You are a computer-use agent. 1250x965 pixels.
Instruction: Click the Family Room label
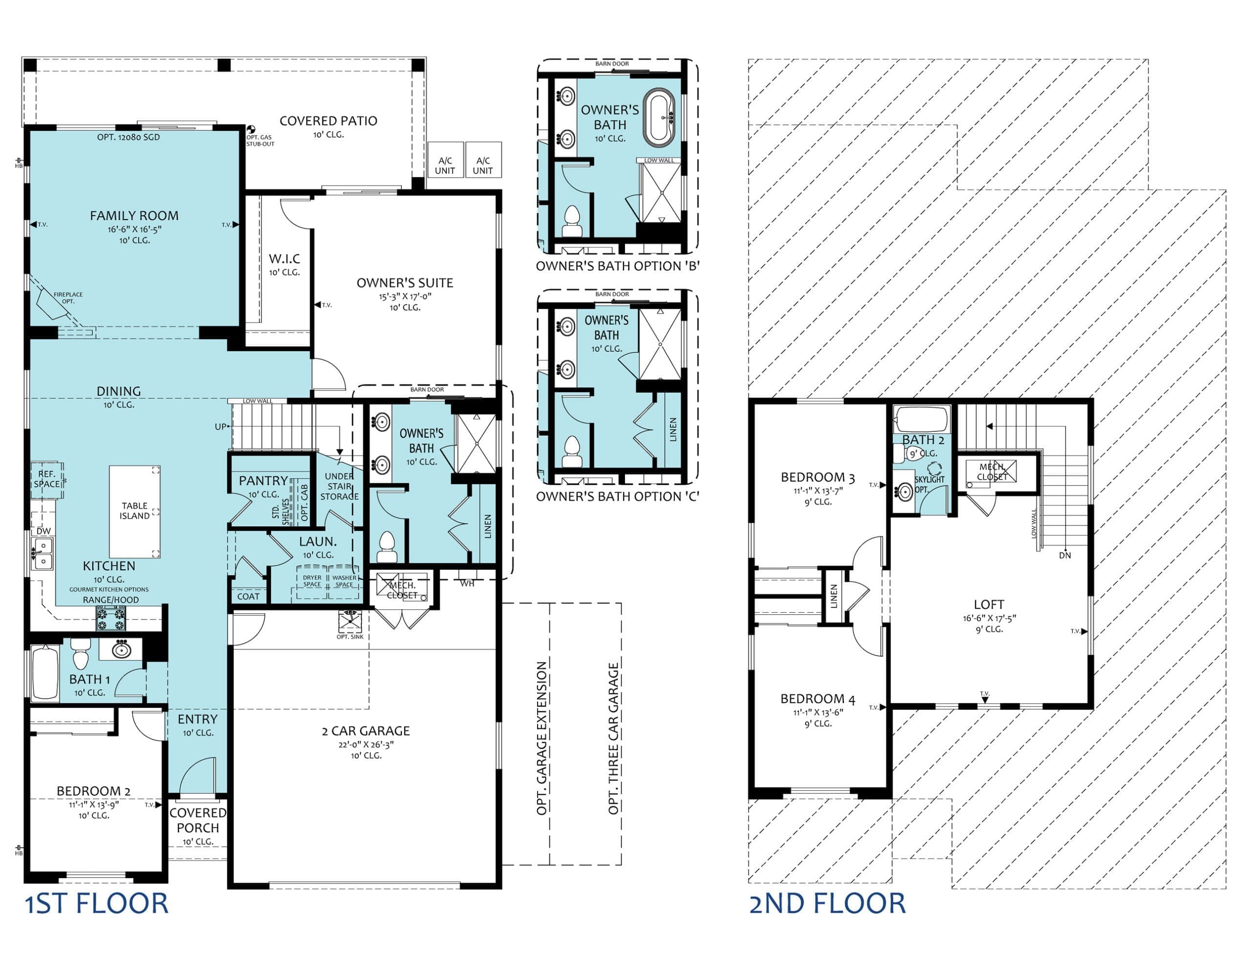pyautogui.click(x=134, y=216)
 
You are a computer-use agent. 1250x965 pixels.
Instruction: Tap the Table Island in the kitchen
pyautogui.click(x=134, y=511)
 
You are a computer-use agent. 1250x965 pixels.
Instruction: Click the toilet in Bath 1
pyautogui.click(x=80, y=654)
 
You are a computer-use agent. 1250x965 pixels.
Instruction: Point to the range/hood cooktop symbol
pyautogui.click(x=110, y=618)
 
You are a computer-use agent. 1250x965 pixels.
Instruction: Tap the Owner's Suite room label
pyautogui.click(x=405, y=282)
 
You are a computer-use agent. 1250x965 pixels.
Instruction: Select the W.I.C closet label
pyautogui.click(x=285, y=259)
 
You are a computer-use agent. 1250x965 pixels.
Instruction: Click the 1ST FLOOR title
pyautogui.click(x=96, y=904)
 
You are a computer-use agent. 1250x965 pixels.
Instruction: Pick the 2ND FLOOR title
pyautogui.click(x=828, y=904)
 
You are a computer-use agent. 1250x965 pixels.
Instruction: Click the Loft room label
pyautogui.click(x=989, y=604)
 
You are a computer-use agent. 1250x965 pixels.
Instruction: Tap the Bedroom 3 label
pyautogui.click(x=818, y=477)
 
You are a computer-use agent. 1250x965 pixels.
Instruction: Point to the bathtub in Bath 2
pyautogui.click(x=921, y=419)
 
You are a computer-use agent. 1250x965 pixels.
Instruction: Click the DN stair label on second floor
pyautogui.click(x=1064, y=555)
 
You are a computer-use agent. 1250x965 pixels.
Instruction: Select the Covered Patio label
pyautogui.click(x=328, y=121)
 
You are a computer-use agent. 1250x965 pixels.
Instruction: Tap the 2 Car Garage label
pyautogui.click(x=366, y=730)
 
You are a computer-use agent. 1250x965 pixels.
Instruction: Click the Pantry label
pyautogui.click(x=263, y=481)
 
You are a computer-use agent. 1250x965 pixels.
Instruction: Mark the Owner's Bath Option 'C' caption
pyautogui.click(x=617, y=497)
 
